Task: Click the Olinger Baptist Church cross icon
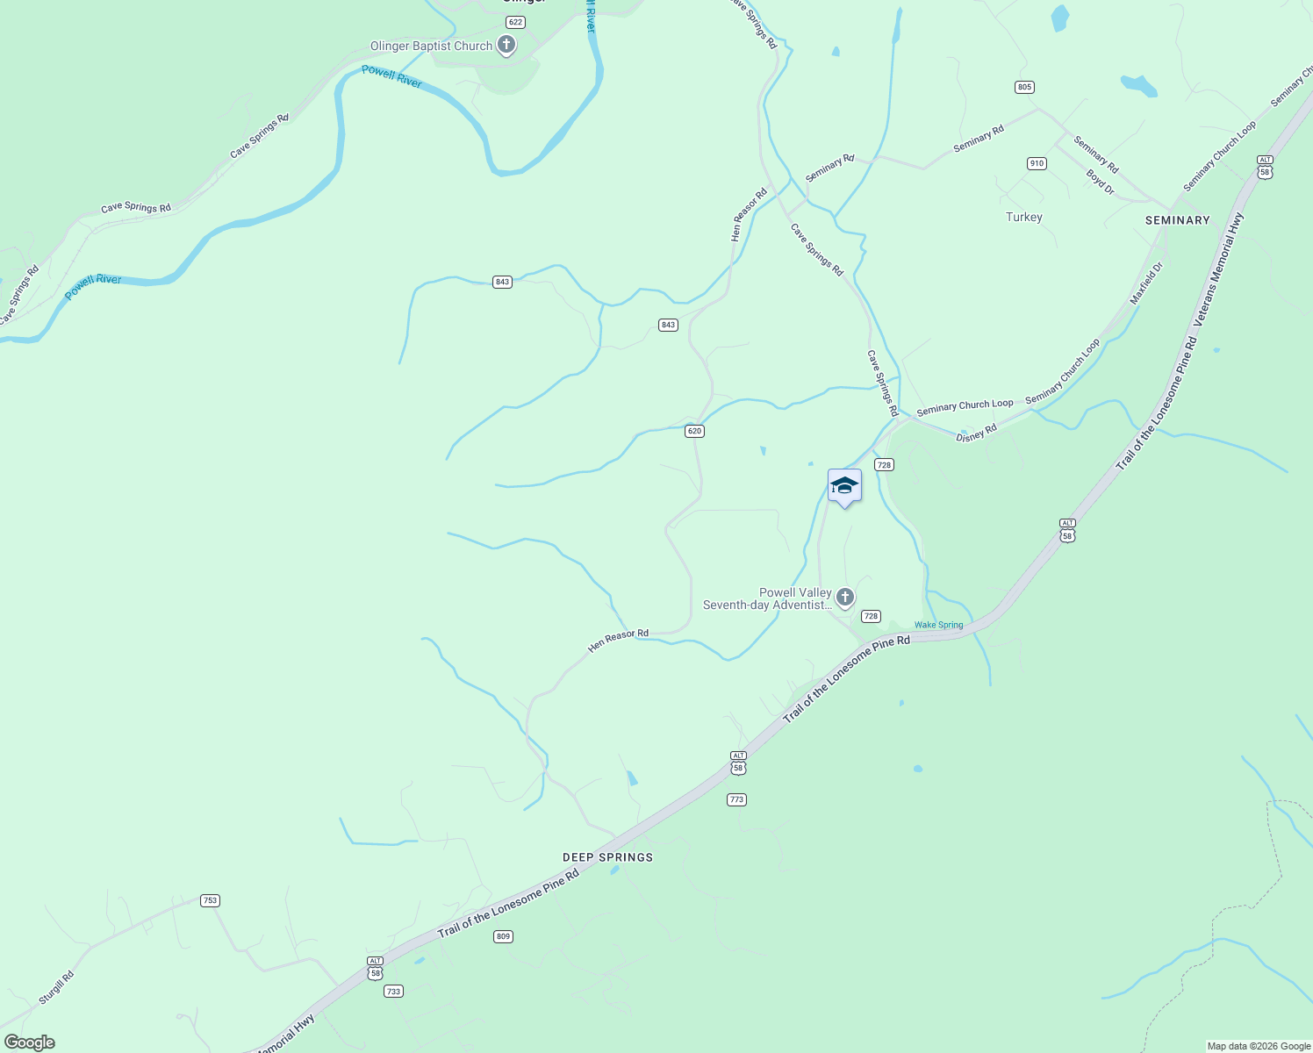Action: (506, 44)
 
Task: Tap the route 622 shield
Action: (515, 22)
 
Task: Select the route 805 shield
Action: (1024, 87)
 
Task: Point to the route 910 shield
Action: (1037, 163)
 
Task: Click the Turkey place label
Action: (1024, 217)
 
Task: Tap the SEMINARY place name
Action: (1177, 220)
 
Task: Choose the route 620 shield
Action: (695, 431)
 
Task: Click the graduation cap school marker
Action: (844, 485)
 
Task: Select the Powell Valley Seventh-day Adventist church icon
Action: (844, 598)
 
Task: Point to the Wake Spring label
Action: (938, 625)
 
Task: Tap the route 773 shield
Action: (736, 799)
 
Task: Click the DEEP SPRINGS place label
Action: (607, 857)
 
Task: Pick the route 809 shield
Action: (503, 936)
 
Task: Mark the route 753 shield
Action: (210, 900)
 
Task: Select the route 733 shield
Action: (393, 992)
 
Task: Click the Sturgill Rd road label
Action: (56, 987)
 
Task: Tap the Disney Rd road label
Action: (976, 433)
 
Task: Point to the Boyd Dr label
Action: (1100, 182)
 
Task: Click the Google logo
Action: (30, 1042)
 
